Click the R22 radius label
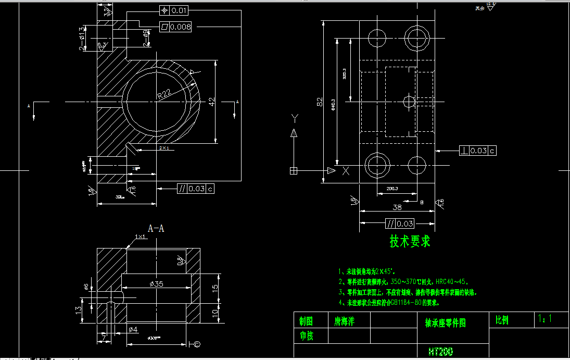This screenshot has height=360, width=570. click(x=164, y=94)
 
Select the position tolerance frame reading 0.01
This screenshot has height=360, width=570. click(x=174, y=10)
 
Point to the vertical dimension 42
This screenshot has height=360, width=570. click(x=211, y=102)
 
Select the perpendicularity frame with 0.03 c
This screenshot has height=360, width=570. click(x=478, y=151)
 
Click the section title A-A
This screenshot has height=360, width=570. click(x=156, y=228)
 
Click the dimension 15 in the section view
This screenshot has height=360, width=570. click(x=215, y=289)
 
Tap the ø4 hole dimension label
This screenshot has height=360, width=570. click(x=133, y=329)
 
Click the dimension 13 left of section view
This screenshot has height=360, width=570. click(x=78, y=309)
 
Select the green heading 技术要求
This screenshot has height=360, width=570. click(x=410, y=242)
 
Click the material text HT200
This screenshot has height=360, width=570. click(x=440, y=352)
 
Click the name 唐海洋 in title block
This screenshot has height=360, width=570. click(x=344, y=320)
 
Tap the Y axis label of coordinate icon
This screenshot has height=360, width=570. click(x=294, y=117)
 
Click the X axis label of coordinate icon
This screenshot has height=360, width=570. click(x=344, y=171)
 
